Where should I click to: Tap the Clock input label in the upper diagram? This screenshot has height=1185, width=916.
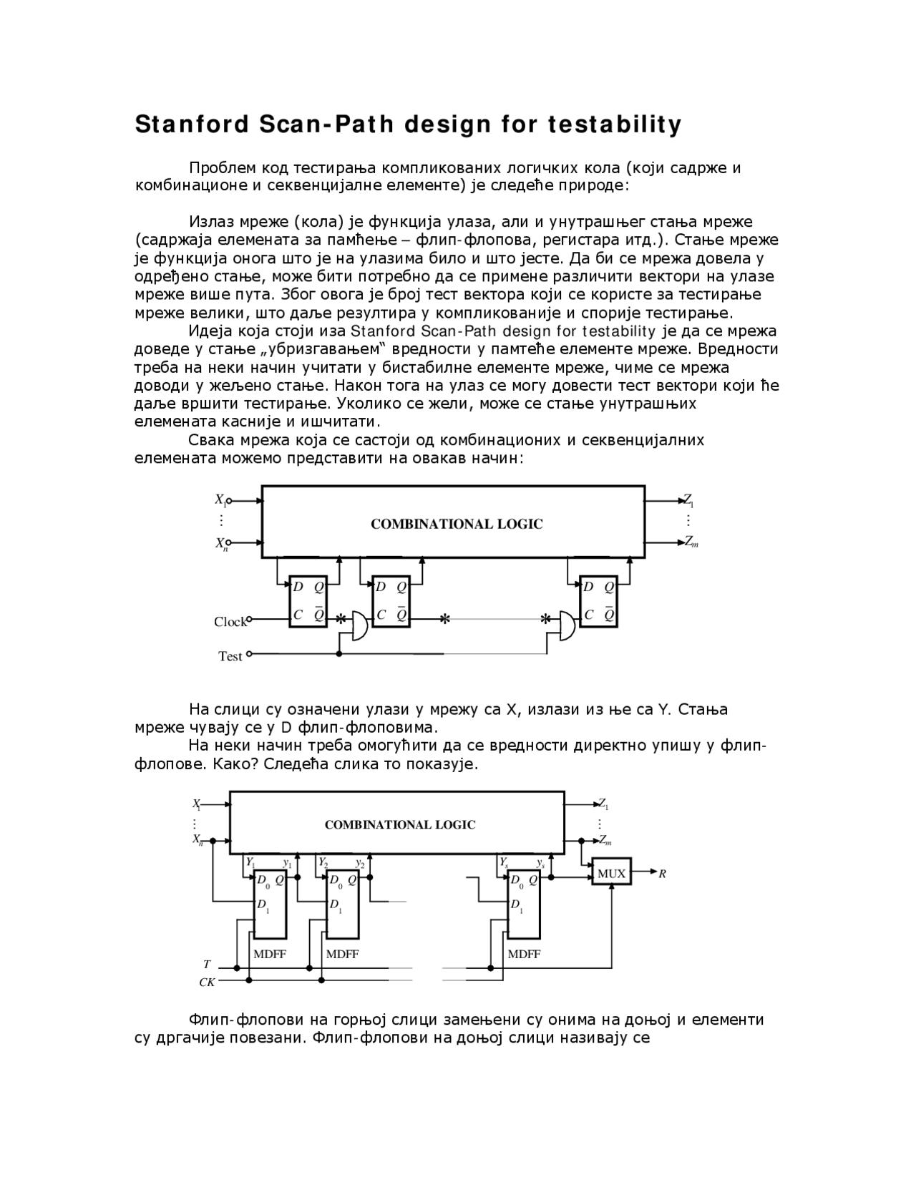[x=230, y=622]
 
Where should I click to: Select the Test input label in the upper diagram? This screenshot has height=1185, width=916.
[x=230, y=656]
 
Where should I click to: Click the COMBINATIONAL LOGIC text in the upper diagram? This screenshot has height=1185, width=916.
[x=457, y=525]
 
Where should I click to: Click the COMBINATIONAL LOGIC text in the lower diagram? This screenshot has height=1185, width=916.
[x=400, y=824]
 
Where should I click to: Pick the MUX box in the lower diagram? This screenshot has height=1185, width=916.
[x=611, y=873]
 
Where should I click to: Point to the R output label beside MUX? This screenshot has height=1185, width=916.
[x=663, y=874]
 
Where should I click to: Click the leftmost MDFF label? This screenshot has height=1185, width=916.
[x=270, y=954]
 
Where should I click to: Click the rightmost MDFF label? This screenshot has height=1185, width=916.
[x=524, y=954]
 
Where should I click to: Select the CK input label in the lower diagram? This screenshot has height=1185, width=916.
[x=207, y=982]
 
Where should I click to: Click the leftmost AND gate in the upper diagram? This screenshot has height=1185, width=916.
[x=359, y=626]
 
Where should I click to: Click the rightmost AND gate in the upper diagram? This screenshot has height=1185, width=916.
[x=567, y=626]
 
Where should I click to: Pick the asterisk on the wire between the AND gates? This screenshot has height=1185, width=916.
[x=445, y=620]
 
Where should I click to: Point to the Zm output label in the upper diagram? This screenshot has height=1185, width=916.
[x=691, y=542]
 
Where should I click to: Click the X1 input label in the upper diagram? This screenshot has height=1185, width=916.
[x=220, y=500]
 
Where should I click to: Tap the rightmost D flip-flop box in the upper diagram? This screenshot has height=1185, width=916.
[x=598, y=601]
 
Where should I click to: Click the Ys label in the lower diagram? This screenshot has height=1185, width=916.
[x=504, y=862]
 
